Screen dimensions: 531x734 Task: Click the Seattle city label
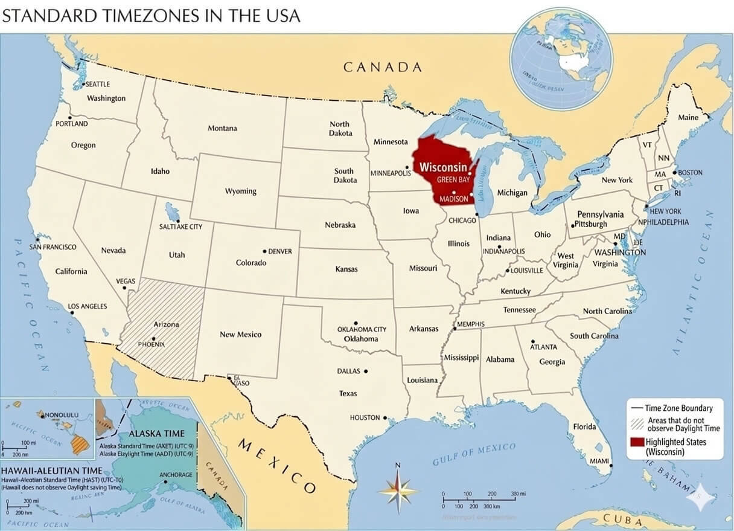[x=98, y=84]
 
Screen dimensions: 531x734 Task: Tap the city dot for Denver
[x=264, y=251]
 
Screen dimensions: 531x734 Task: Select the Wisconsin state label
[x=443, y=167]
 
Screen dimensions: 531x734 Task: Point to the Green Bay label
[x=453, y=180]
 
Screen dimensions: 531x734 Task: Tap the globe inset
[x=561, y=59]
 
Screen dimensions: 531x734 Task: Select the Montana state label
[x=222, y=128]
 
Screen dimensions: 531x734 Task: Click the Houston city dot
[x=385, y=417]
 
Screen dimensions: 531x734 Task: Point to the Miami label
[x=599, y=461]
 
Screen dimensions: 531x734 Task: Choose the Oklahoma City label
[x=362, y=329]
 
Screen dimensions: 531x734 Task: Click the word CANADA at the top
[x=383, y=67]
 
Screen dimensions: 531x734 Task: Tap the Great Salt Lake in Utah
[x=173, y=213]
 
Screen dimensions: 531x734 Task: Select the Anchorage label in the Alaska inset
[x=176, y=475]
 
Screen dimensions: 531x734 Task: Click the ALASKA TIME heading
[x=157, y=434]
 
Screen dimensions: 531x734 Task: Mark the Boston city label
[x=690, y=172]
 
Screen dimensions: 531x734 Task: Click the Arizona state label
[x=166, y=324]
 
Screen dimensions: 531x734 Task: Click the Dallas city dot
[x=366, y=372]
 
